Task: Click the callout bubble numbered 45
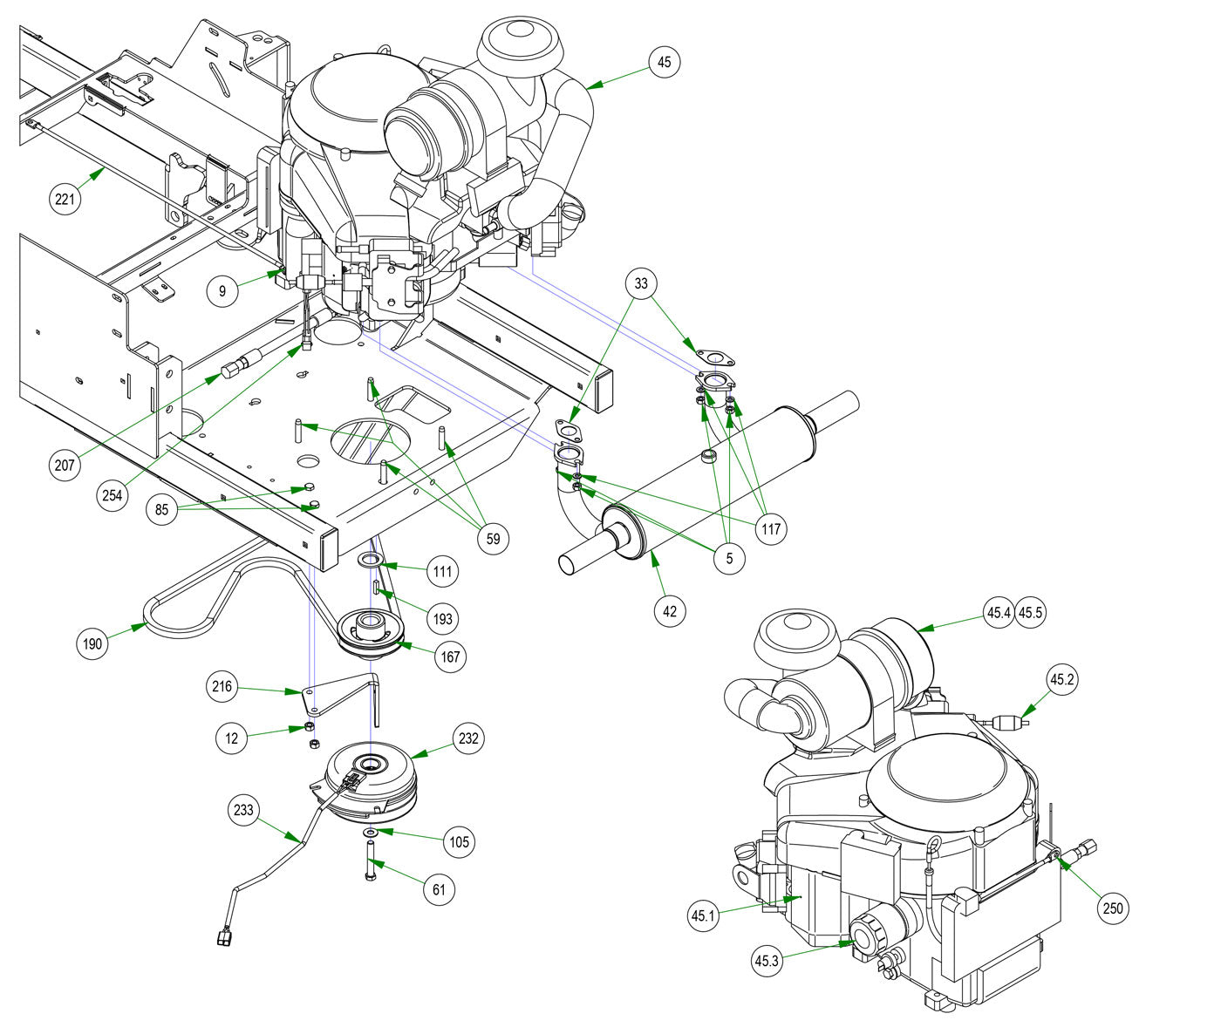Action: tap(664, 62)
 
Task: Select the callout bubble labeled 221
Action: tap(65, 199)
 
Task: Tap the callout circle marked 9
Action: tap(222, 290)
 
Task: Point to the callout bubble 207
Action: tap(65, 466)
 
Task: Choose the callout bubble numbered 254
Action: tap(113, 495)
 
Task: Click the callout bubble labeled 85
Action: tap(161, 509)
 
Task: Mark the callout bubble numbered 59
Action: tap(493, 539)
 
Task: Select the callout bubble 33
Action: tap(641, 283)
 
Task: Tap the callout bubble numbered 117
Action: tap(771, 528)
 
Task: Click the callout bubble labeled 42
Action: tap(669, 611)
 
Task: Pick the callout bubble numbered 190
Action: tap(92, 643)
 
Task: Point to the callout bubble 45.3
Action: tap(767, 961)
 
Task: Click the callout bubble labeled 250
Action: tap(1113, 908)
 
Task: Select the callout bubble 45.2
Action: tap(1061, 680)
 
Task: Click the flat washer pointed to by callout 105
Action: tap(371, 832)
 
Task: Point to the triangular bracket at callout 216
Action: tap(339, 695)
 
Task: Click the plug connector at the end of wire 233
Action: tap(223, 936)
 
